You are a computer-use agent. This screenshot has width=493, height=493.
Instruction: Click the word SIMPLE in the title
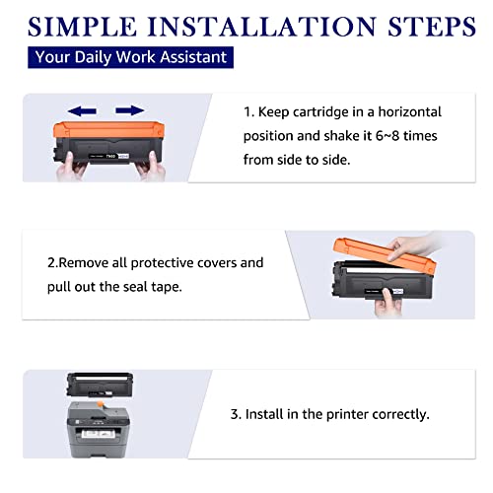point(82,27)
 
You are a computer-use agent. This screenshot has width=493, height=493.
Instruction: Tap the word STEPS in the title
point(432,27)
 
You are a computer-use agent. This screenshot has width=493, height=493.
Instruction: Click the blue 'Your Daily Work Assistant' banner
point(130,57)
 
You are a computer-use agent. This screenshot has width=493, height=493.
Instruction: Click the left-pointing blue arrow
point(82,111)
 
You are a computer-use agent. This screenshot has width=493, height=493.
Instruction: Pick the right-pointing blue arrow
point(130,110)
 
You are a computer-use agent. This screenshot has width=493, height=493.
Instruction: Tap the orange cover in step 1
point(108,130)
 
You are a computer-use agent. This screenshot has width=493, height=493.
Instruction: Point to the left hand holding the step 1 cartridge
point(71,168)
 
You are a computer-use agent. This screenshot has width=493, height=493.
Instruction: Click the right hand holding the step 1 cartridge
point(151,167)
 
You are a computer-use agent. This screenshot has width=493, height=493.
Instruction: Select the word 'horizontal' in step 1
point(409,112)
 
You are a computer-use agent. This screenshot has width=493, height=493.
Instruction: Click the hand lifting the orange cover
point(411,246)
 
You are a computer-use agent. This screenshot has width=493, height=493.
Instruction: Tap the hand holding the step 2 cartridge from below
point(387,303)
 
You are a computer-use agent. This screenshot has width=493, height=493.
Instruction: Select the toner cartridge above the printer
point(100,385)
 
